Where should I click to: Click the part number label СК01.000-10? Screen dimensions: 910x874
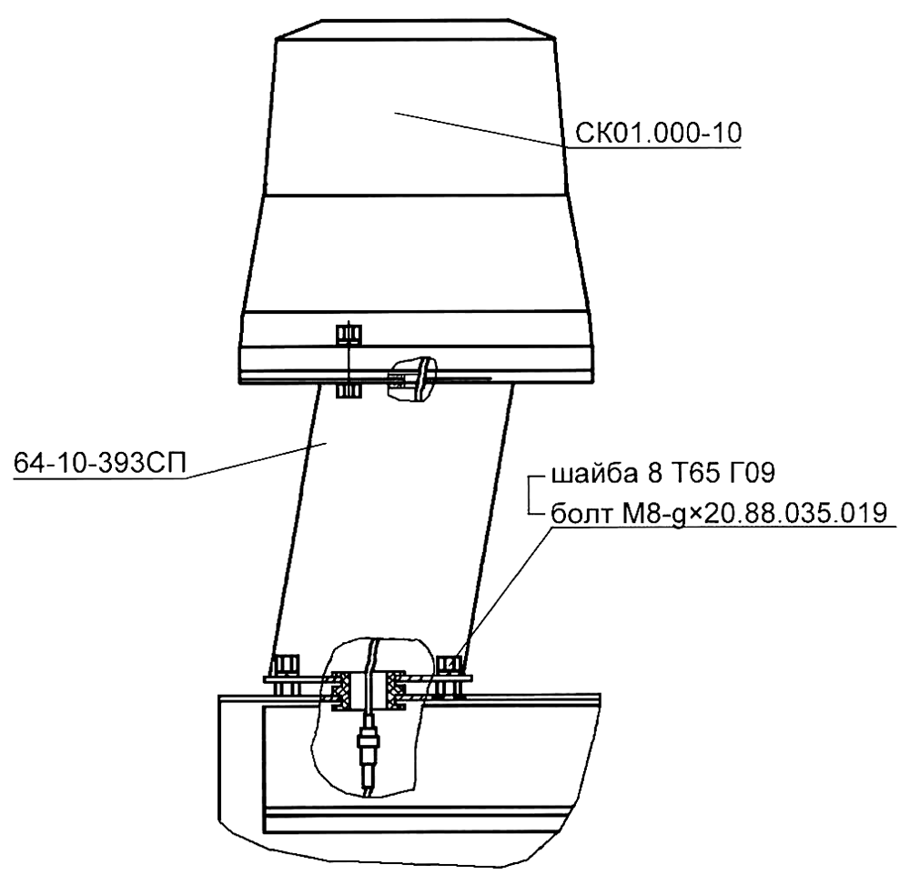coord(658,134)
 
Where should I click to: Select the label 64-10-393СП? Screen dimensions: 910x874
coord(100,464)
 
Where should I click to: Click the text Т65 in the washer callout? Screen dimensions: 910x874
coord(692,474)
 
